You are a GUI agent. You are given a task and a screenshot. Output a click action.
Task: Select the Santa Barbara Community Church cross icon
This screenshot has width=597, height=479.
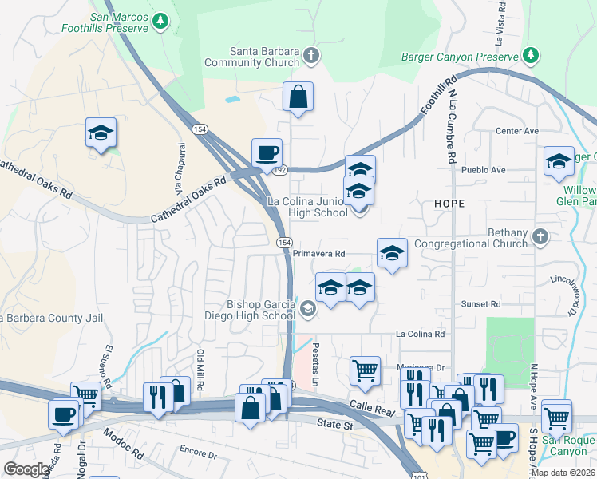point(311,55)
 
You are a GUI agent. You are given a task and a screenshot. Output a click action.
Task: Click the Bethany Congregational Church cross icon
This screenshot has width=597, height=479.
point(540,236)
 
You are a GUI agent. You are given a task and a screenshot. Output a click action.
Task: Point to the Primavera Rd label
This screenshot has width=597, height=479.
point(318,253)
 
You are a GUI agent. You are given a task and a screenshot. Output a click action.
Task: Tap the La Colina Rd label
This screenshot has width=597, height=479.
point(420,334)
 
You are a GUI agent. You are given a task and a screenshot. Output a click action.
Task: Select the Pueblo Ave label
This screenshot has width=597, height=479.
point(488,170)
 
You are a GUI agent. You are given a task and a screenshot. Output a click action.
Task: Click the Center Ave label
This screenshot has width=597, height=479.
point(517,131)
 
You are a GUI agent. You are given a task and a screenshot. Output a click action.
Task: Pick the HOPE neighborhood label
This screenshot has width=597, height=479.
point(449,204)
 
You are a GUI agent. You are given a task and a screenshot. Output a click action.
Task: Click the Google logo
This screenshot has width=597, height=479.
point(26,469)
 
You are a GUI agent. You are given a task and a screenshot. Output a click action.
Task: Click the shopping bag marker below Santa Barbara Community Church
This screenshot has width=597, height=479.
point(298,97)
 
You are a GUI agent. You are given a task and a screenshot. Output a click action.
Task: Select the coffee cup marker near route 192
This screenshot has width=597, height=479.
point(267,152)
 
